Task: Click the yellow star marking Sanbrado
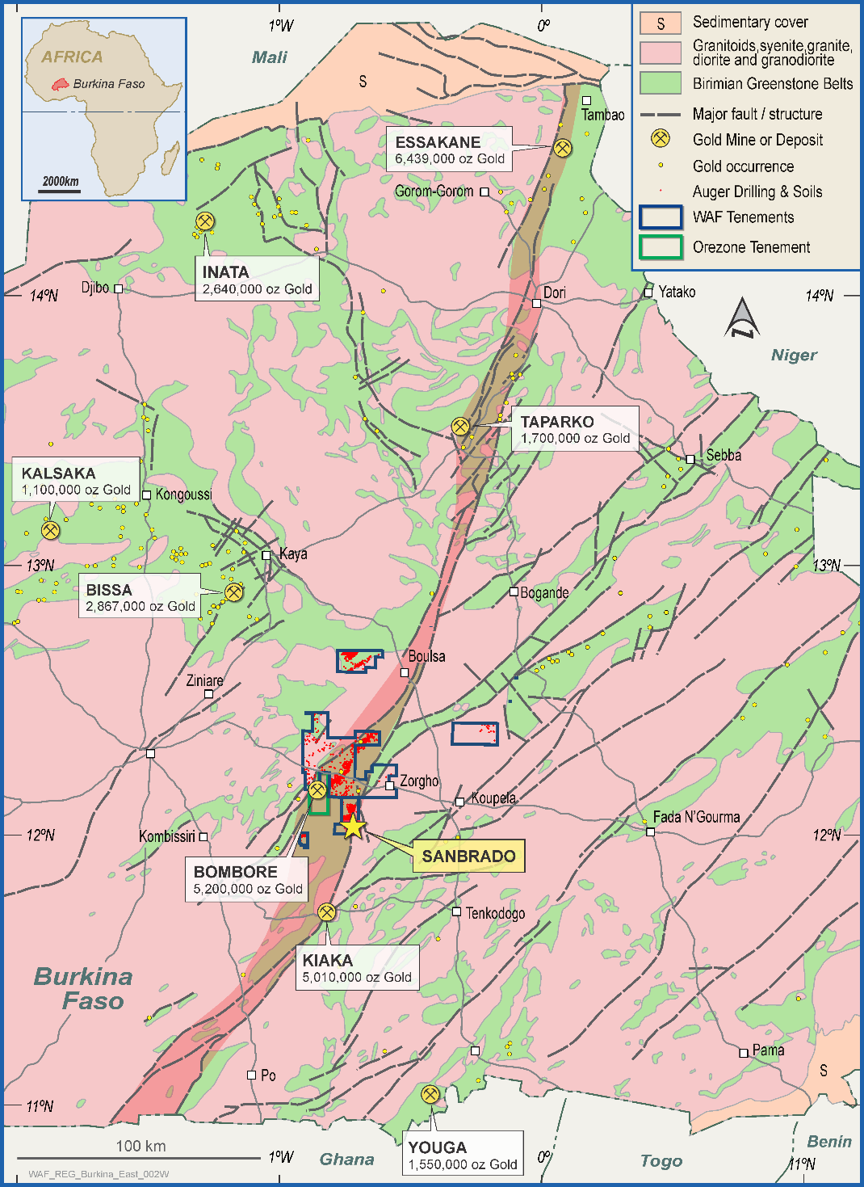pos(353,826)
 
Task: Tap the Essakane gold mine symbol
pos(563,148)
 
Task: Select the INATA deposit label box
pos(257,280)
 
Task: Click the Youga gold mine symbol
pos(430,1094)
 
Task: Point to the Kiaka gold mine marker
pos(326,912)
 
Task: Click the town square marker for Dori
pos(536,303)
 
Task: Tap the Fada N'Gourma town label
pos(696,817)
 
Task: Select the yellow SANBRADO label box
pos(468,856)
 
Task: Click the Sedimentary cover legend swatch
pos(661,23)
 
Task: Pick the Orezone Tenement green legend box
pos(661,247)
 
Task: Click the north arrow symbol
pos(742,318)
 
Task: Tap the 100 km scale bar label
pos(141,1146)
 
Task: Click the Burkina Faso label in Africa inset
pos(108,84)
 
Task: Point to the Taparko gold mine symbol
pos(460,426)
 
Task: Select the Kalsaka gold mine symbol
pos(50,530)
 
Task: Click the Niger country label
pos(794,355)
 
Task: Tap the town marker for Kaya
pos(266,555)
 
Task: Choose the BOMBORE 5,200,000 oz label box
pos(246,879)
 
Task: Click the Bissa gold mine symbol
pos(233,592)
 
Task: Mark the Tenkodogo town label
pos(495,913)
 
